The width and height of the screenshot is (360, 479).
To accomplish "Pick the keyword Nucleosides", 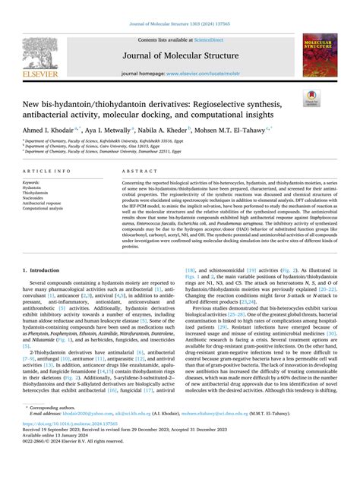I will point(33,198).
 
